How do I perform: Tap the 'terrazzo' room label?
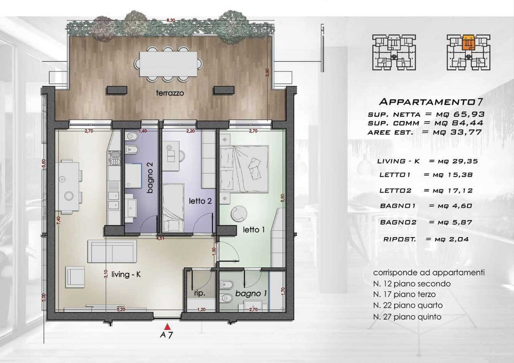tap(170, 93)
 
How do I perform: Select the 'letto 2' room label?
tap(200, 201)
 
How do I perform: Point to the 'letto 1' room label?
tap(253, 230)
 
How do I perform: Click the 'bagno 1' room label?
tap(251, 294)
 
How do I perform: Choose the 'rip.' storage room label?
tap(200, 293)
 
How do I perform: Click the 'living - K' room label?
tap(126, 274)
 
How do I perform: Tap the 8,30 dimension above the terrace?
tap(171, 20)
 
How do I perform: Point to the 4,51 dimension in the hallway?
tap(160, 238)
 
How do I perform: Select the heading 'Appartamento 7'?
tap(431, 102)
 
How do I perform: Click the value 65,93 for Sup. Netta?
tap(469, 114)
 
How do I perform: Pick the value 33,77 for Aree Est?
tap(466, 132)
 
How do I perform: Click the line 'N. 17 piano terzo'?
tap(404, 294)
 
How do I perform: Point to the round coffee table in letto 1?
tap(239, 213)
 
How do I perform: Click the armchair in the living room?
tap(75, 277)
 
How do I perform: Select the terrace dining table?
tap(168, 64)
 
